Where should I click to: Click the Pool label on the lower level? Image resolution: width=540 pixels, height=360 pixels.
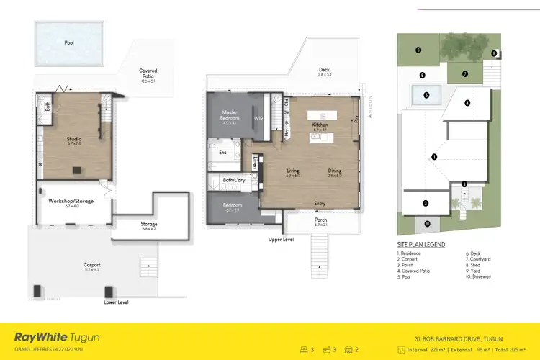pyautogui.click(x=69, y=43)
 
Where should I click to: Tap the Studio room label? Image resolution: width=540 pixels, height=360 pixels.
pyautogui.click(x=74, y=140)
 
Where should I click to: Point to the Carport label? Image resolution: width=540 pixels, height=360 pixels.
pyautogui.click(x=92, y=265)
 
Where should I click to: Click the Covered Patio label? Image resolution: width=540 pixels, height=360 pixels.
pyautogui.click(x=148, y=74)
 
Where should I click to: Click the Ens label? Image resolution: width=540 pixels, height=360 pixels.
pyautogui.click(x=222, y=153)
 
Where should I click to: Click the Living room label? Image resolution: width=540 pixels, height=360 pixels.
pyautogui.click(x=292, y=171)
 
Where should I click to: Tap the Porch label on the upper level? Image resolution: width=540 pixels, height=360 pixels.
pyautogui.click(x=320, y=220)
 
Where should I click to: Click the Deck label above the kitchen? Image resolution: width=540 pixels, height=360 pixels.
pyautogui.click(x=325, y=71)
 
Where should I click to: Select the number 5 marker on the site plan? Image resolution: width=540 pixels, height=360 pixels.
pyautogui.click(x=426, y=94)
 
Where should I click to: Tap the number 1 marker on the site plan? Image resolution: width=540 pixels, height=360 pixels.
pyautogui.click(x=434, y=156)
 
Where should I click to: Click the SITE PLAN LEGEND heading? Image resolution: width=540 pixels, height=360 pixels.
pyautogui.click(x=420, y=245)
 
